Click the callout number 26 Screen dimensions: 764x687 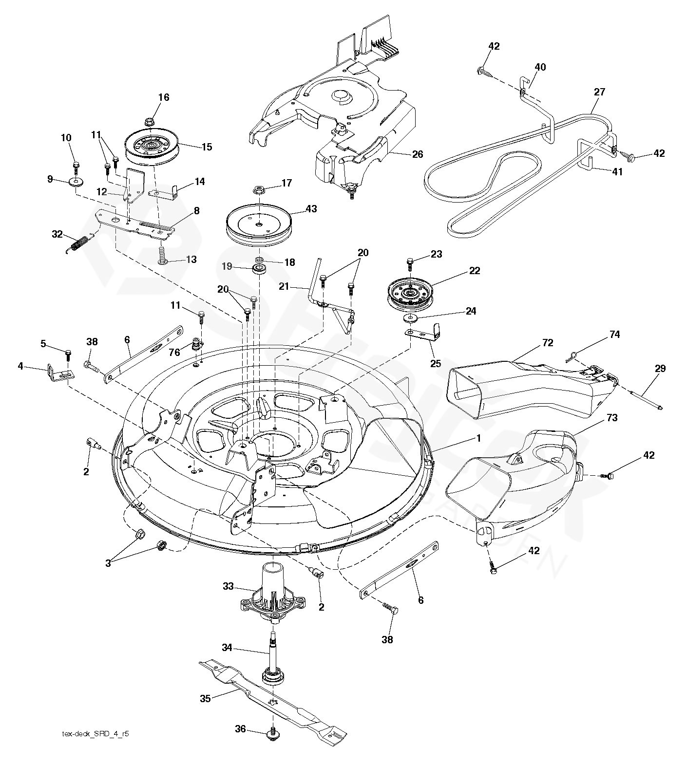(418, 154)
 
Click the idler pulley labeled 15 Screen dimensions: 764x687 (151, 147)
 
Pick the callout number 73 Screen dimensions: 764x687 (612, 418)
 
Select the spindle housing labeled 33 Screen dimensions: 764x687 (271, 594)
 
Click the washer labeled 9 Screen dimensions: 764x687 (76, 183)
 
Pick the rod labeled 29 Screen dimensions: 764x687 (643, 400)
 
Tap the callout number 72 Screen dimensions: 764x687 (548, 343)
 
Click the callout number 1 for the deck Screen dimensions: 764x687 (478, 438)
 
